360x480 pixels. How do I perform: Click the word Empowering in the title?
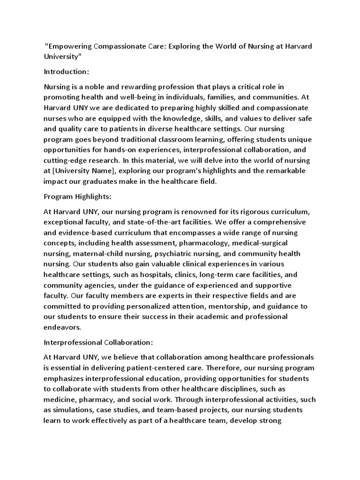pos(69,47)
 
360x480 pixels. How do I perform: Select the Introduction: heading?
pos(66,72)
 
